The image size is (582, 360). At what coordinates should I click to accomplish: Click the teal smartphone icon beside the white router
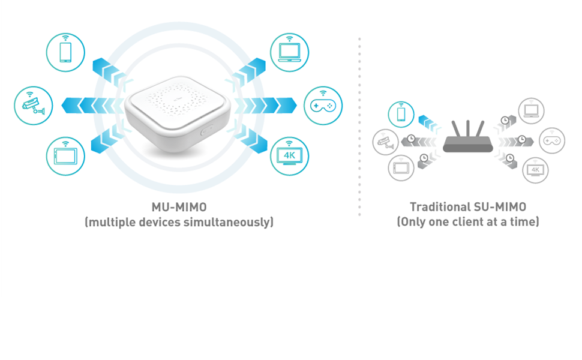tap(65, 52)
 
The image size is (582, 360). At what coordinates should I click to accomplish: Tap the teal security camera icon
tap(33, 106)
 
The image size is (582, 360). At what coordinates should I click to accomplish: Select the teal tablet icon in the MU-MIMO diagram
tap(65, 156)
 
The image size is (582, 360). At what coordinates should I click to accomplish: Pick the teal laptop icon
tap(290, 52)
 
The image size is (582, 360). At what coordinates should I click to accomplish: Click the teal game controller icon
tap(323, 106)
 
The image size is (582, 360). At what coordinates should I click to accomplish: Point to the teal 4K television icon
tap(290, 156)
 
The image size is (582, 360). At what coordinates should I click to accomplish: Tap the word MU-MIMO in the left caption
tap(179, 207)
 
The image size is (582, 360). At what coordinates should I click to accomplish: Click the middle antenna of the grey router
tap(467, 128)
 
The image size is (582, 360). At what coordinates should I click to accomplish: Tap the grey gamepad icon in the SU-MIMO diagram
tap(551, 140)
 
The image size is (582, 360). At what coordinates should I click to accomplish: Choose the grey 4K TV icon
tap(535, 170)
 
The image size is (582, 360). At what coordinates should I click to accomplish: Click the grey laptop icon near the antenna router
tap(531, 111)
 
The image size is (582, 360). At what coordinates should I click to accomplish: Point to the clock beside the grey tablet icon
tap(424, 158)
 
